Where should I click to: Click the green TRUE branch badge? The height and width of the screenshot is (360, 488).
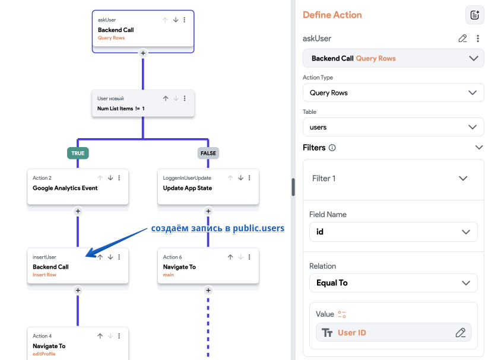78,153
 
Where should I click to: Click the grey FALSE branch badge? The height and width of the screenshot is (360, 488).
208,153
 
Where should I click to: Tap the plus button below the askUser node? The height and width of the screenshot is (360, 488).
143,53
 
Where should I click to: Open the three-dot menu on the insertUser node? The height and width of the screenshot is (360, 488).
119,257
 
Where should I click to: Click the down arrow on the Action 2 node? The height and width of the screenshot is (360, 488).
110,178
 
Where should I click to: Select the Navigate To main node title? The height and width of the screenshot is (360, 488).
179,267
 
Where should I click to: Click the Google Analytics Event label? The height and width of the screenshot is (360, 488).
65,188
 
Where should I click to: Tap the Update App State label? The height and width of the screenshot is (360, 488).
188,188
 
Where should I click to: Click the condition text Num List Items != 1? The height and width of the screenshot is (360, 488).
121,109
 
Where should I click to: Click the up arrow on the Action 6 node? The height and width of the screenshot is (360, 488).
230,257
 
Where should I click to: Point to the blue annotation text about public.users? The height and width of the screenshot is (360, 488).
217,228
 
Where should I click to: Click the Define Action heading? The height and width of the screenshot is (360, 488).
332,15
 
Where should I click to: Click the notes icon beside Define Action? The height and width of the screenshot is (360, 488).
474,15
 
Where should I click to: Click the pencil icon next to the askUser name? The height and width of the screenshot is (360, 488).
462,39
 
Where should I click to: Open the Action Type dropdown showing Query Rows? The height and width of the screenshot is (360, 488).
393,93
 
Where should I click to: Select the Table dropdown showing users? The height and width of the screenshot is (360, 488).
393,127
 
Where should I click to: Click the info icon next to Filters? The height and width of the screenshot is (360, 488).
332,148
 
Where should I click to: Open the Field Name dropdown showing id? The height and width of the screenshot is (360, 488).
393,232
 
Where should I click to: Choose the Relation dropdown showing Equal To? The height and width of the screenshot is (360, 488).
393,283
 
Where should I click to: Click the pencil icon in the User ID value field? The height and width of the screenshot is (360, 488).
461,333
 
